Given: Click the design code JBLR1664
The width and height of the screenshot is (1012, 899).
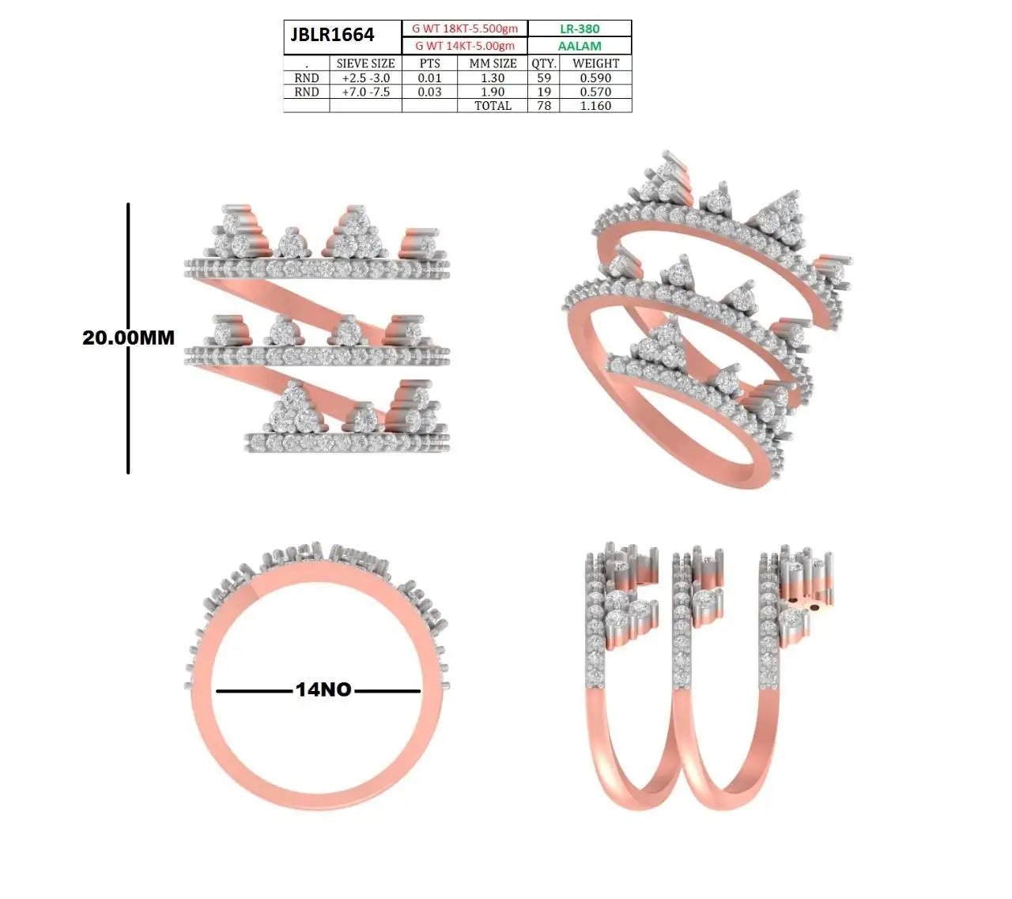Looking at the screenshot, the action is [332, 35].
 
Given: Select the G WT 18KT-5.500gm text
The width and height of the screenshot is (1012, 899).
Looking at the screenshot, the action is [465, 28].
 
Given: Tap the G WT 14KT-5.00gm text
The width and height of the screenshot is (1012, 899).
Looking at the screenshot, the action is [465, 46].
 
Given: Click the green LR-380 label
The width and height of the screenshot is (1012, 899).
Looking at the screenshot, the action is [580, 28].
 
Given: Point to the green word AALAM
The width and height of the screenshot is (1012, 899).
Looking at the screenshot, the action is [580, 46].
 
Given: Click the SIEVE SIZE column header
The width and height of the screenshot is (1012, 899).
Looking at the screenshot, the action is [365, 63].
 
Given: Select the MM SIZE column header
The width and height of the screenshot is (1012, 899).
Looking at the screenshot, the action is [493, 63].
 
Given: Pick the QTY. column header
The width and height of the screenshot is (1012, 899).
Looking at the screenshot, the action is [543, 63].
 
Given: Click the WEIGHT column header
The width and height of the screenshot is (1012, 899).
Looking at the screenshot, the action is [595, 63].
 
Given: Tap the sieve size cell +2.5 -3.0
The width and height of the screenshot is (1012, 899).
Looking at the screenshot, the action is [365, 78].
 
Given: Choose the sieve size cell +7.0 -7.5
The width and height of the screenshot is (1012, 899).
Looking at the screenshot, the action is [365, 92].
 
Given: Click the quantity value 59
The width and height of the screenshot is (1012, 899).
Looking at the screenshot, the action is [543, 78].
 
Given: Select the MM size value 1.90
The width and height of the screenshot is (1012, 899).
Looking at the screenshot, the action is [493, 92].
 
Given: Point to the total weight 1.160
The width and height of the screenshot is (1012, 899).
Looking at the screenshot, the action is [595, 106].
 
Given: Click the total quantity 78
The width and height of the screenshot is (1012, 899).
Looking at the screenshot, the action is [543, 106].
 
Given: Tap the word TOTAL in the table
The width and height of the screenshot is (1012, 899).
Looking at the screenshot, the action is [493, 106].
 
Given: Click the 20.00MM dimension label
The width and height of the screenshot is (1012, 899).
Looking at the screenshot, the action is [128, 338].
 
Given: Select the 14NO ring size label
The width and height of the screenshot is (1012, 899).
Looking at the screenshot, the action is [323, 689].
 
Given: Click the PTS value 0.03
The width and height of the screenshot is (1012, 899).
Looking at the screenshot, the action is [429, 92].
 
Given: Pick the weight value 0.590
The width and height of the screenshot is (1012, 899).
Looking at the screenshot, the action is [595, 78].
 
